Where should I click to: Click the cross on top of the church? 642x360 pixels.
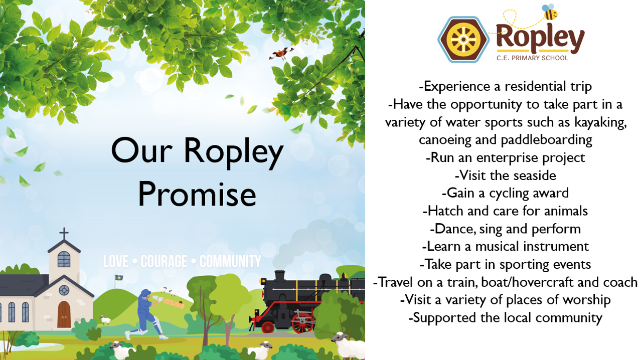[64, 234]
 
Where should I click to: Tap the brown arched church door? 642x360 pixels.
[64, 314]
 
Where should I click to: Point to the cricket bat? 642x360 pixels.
[173, 303]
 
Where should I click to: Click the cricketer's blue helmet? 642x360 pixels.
[145, 293]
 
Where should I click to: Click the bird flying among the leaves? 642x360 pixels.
[281, 53]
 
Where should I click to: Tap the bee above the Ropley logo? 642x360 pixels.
[550, 12]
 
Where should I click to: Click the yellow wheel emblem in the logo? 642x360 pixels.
[463, 40]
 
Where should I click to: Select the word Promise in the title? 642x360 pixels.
[197, 195]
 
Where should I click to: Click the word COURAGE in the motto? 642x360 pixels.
[164, 261]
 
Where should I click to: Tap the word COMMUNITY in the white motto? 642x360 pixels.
[230, 261]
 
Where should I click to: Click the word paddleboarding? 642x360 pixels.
[546, 140]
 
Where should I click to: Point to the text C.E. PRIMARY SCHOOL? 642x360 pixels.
[532, 58]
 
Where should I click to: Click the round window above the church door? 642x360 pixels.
[64, 290]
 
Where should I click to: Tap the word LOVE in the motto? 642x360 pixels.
[116, 261]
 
